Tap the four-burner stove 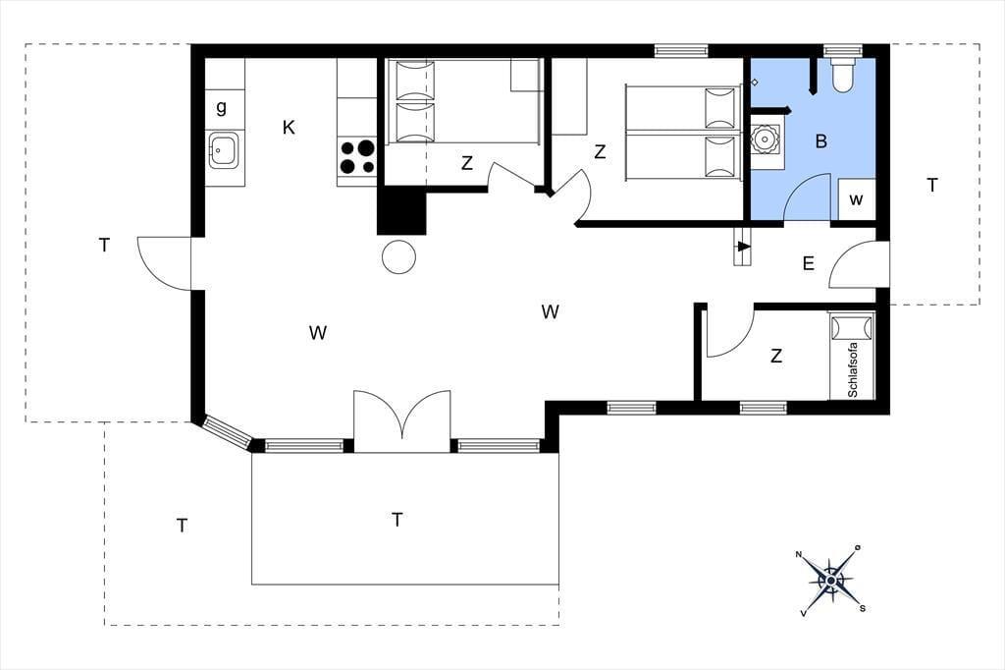(x=357, y=157)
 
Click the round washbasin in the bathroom (x=766, y=138)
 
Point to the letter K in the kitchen (x=289, y=128)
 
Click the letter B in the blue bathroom (x=821, y=141)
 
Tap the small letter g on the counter (x=221, y=107)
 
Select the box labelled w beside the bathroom (x=856, y=199)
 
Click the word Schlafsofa (x=853, y=369)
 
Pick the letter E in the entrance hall (x=809, y=263)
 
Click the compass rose (x=830, y=581)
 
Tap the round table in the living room (x=398, y=256)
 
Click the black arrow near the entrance (x=744, y=247)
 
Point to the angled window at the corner (x=228, y=430)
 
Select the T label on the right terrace (x=932, y=186)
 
